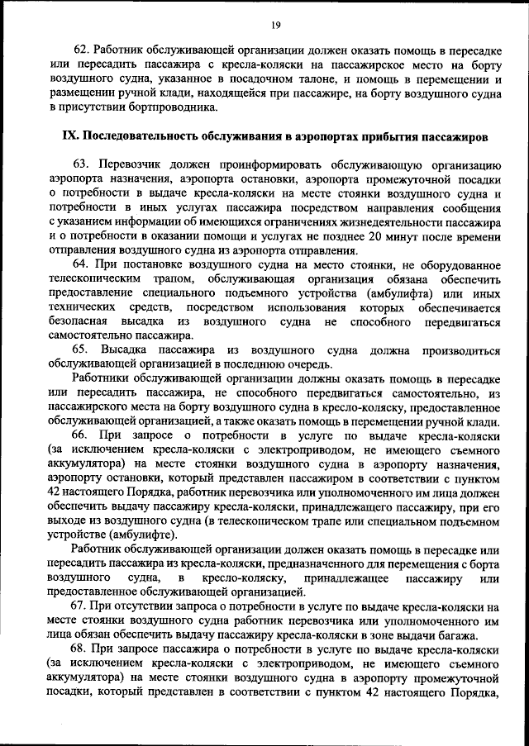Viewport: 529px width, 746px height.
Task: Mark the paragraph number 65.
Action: [81, 350]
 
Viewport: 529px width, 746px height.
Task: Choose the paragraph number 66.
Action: [81, 436]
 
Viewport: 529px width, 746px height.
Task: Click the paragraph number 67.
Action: [81, 606]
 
